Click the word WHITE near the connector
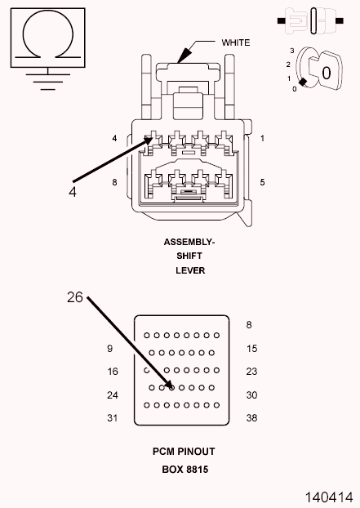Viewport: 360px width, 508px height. click(236, 42)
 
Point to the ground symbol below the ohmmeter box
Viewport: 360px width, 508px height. click(48, 79)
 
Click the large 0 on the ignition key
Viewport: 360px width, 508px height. click(327, 74)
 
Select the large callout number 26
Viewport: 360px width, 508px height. click(75, 297)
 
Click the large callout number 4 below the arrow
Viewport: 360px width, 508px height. click(73, 192)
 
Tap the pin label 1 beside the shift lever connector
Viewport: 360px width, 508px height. click(262, 138)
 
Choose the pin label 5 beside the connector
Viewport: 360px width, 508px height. click(262, 182)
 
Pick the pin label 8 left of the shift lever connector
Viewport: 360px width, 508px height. click(114, 182)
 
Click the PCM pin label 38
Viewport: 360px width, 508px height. click(251, 418)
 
